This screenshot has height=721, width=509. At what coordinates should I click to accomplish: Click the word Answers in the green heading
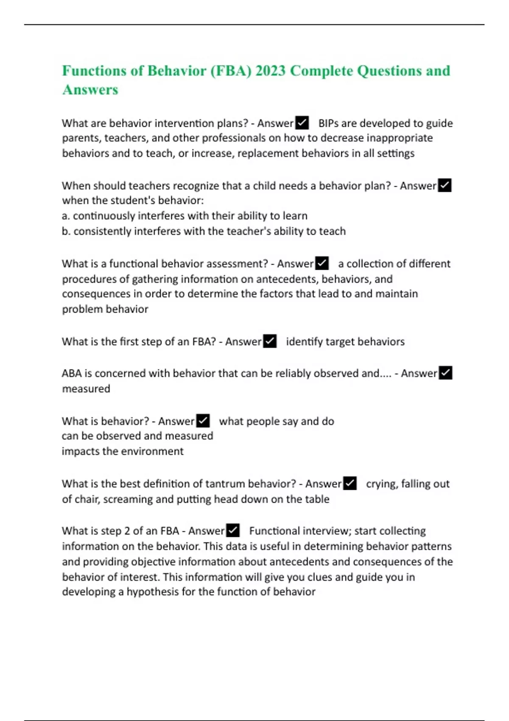(90, 90)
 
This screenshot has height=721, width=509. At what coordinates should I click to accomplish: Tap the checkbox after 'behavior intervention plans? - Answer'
(302, 123)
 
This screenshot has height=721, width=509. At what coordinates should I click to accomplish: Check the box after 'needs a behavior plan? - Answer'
(445, 186)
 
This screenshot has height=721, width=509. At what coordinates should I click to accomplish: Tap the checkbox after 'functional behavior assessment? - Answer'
(322, 264)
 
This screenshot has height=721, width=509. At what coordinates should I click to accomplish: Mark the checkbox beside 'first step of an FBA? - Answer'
(270, 341)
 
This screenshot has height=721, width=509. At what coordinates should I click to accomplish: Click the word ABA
(71, 373)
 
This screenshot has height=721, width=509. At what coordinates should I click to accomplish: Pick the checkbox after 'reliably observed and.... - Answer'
(445, 373)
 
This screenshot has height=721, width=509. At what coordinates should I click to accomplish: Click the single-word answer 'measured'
(86, 388)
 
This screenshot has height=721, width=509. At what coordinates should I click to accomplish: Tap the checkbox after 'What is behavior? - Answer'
(203, 421)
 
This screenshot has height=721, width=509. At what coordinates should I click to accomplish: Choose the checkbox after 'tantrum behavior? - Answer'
(350, 483)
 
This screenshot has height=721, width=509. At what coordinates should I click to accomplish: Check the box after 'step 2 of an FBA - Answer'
(233, 531)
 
